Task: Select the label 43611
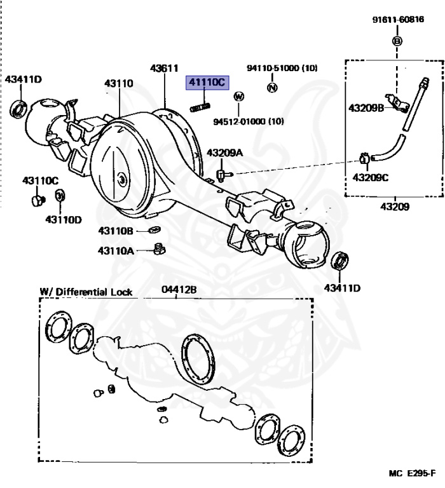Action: [163, 68]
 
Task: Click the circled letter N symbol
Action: [271, 87]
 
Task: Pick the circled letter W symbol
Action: [239, 97]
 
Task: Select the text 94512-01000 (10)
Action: [248, 121]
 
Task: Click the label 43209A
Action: [225, 152]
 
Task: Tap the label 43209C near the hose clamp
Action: [370, 177]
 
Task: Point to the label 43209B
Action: [366, 108]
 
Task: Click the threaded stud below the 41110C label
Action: [200, 106]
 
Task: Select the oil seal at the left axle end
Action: [19, 109]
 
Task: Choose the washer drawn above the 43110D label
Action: [60, 195]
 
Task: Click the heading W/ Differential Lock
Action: [86, 292]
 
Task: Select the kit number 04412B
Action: [179, 290]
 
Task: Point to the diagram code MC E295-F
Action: [412, 473]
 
